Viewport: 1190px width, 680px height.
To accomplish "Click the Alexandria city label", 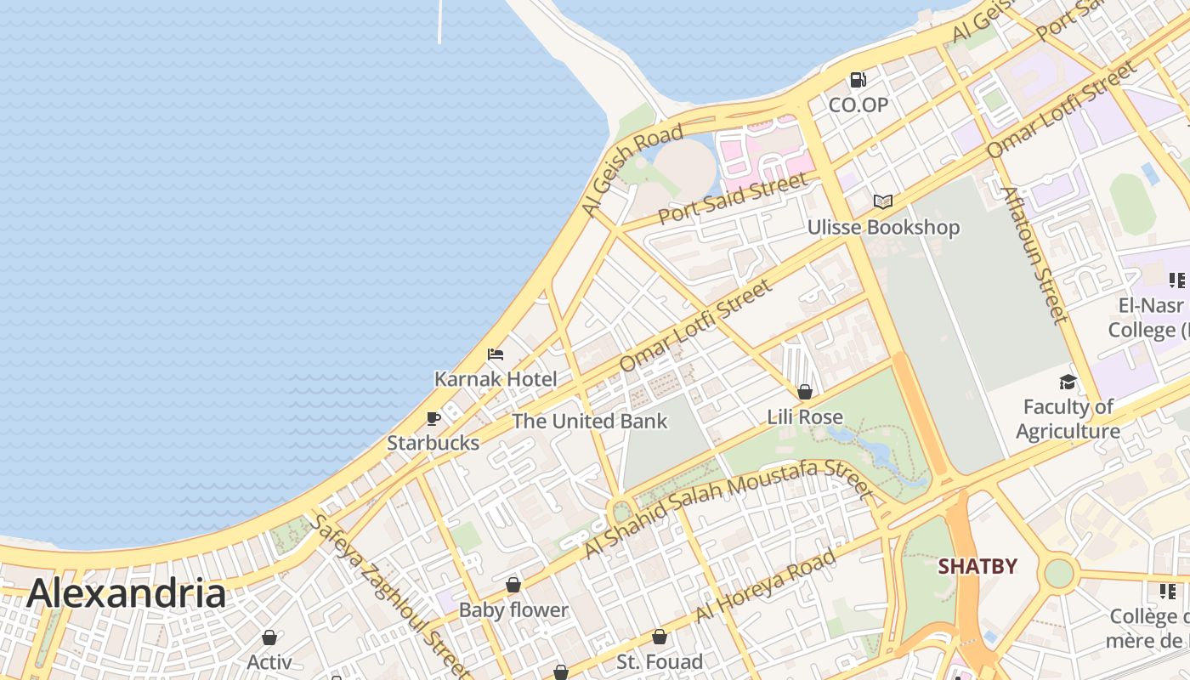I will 126,593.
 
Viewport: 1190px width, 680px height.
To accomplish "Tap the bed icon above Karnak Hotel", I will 496,354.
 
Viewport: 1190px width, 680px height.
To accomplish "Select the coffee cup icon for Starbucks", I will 433,418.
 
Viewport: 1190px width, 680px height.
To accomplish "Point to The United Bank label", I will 590,422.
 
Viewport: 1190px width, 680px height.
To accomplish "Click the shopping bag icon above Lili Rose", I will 805,392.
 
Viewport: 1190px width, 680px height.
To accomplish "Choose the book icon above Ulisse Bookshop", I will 883,201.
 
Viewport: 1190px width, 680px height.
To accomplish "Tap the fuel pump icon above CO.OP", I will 858,80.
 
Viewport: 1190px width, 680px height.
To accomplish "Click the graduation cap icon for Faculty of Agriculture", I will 1068,382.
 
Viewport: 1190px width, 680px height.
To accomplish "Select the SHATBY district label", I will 977,566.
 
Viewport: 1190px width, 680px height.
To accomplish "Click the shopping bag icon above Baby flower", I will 513,585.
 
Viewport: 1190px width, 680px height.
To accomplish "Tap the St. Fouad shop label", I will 660,661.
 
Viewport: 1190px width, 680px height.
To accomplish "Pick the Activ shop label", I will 269,661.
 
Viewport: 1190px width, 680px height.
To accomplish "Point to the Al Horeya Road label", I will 765,586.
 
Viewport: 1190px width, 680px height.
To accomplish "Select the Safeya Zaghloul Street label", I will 387,595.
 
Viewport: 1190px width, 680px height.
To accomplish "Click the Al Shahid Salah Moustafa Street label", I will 727,507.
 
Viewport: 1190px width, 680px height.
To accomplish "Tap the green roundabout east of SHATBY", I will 1059,572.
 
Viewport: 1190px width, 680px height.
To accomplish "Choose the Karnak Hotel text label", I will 496,379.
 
